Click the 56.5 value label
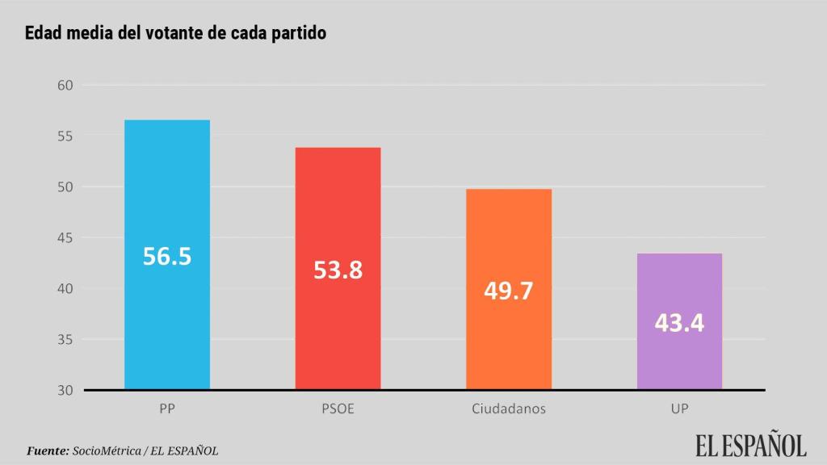tap(167, 256)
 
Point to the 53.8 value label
tap(338, 270)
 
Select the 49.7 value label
tap(509, 290)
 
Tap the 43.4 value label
tap(679, 323)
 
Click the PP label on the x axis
tap(167, 408)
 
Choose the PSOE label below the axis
tap(338, 408)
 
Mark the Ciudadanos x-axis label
tap(509, 408)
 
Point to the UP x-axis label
tap(679, 408)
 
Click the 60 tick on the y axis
tap(65, 86)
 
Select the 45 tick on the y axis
tap(65, 238)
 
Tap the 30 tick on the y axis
tap(65, 391)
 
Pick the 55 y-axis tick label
tap(65, 136)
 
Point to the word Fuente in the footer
tap(48, 450)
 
